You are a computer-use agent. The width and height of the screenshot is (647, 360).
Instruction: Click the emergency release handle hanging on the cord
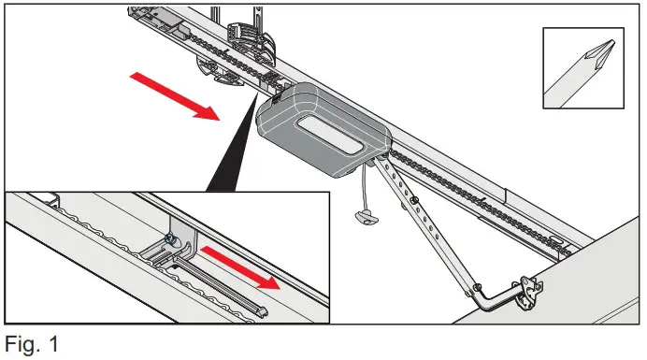coord(366,216)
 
